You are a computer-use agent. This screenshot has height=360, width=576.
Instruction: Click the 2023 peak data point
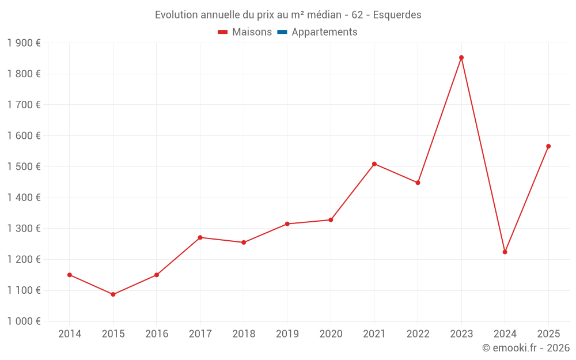pyautogui.click(x=461, y=58)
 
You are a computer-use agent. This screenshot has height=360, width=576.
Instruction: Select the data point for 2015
pyautogui.click(x=113, y=294)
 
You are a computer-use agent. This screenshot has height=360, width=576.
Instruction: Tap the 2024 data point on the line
pyautogui.click(x=505, y=252)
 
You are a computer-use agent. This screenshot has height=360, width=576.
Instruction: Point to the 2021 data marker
pyautogui.click(x=374, y=164)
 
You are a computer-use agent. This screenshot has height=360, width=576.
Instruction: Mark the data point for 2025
pyautogui.click(x=548, y=146)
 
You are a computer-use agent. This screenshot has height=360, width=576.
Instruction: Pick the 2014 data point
pyautogui.click(x=70, y=275)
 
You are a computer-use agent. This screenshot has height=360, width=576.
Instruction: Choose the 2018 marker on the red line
pyautogui.click(x=244, y=242)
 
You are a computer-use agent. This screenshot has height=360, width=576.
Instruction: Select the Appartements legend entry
pyautogui.click(x=324, y=32)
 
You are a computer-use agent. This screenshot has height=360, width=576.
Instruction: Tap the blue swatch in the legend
pyautogui.click(x=282, y=32)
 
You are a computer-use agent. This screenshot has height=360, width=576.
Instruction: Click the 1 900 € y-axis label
pyautogui.click(x=24, y=43)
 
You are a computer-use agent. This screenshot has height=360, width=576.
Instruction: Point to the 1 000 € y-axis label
pyautogui.click(x=24, y=321)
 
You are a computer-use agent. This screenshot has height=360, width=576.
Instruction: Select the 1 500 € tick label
pyautogui.click(x=24, y=166)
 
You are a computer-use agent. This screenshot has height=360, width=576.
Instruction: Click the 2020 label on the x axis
pyautogui.click(x=331, y=334)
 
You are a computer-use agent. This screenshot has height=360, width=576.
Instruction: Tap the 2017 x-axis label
pyautogui.click(x=200, y=334)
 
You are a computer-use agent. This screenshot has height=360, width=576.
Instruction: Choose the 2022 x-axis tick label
pyautogui.click(x=418, y=334)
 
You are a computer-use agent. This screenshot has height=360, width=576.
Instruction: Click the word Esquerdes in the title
pyautogui.click(x=397, y=15)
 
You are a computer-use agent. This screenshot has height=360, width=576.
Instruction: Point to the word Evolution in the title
pyautogui.click(x=176, y=15)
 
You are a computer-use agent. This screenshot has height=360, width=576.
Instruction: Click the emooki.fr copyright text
pyautogui.click(x=526, y=348)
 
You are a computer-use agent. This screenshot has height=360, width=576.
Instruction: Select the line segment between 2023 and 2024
pyautogui.click(x=483, y=155)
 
